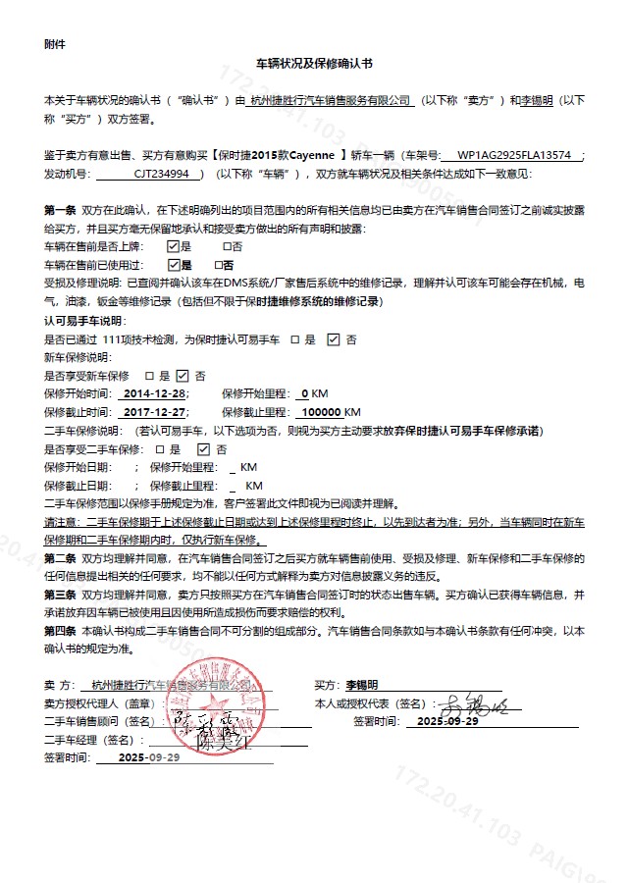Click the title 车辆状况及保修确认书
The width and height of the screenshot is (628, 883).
(x=314, y=64)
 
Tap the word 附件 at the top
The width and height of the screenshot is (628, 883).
(x=55, y=44)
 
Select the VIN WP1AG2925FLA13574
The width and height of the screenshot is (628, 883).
(x=514, y=155)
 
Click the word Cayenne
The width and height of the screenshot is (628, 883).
(x=310, y=155)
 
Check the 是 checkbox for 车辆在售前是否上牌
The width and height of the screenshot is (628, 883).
(x=174, y=246)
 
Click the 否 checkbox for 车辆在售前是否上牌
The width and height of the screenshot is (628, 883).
(x=228, y=246)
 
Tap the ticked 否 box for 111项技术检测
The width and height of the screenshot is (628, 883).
(x=333, y=339)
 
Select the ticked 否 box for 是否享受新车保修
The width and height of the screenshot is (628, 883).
(x=182, y=376)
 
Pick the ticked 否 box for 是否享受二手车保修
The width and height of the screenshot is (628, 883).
(x=203, y=449)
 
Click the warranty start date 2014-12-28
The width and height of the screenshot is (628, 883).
(x=154, y=393)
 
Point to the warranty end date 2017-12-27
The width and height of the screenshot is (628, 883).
(x=154, y=412)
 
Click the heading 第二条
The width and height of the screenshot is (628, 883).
(x=60, y=558)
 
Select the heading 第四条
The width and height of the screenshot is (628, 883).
(x=60, y=631)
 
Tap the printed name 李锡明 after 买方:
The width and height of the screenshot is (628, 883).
(x=361, y=685)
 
